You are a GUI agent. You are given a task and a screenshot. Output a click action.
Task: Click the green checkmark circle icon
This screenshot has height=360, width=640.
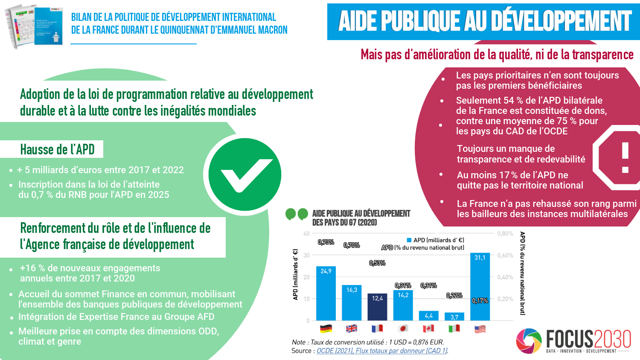click(245, 174)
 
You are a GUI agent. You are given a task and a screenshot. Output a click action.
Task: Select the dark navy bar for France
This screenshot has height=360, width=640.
click(377, 307)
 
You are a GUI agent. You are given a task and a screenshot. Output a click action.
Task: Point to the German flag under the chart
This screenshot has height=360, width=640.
click(326, 328)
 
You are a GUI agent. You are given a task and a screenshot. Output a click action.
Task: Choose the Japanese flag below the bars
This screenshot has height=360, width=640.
click(403, 328)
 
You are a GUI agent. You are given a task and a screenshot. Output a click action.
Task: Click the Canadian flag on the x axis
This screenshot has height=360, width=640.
click(428, 328)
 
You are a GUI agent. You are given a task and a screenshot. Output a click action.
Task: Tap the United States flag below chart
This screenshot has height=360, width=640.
click(480, 329)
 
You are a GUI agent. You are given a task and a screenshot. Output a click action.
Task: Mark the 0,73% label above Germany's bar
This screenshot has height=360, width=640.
click(326, 242)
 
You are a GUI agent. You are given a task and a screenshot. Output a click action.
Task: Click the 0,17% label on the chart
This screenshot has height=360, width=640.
click(480, 301)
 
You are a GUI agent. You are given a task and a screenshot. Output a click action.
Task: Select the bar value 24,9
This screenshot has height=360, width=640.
click(326, 271)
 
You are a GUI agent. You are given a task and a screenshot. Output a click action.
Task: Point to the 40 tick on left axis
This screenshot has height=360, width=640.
click(306, 234)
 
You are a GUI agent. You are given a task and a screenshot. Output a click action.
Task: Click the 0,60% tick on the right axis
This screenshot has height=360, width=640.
click(505, 255)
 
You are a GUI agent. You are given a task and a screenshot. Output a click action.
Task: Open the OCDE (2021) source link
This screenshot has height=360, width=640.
click(382, 351)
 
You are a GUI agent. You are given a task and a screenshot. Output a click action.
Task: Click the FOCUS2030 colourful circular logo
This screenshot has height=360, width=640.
click(529, 341)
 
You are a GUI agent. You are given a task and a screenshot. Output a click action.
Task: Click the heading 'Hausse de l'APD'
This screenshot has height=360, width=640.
click(57, 150)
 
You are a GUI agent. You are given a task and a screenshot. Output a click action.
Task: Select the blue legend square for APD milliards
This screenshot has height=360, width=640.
click(409, 240)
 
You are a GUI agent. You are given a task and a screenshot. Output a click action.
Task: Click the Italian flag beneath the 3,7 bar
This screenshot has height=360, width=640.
click(454, 328)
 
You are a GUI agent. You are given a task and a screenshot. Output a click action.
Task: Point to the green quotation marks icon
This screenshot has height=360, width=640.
click(297, 214)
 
